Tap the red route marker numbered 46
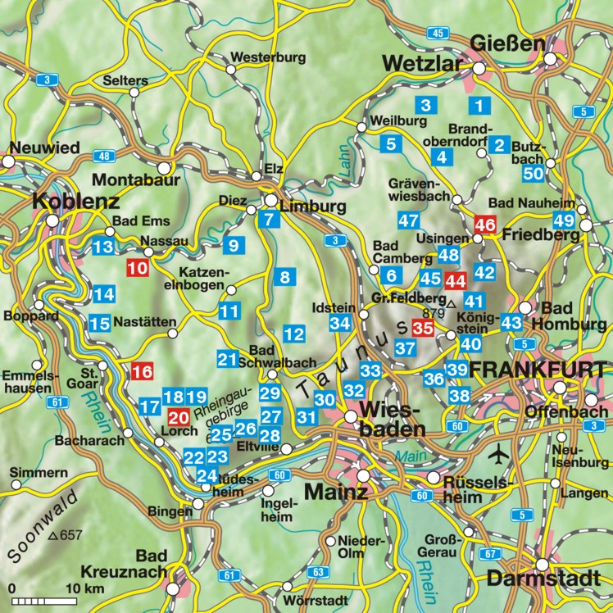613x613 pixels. click(486, 224)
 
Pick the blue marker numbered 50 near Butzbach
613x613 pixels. click(534, 173)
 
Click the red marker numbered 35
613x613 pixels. click(423, 328)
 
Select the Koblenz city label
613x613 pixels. click(76, 202)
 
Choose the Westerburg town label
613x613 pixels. click(268, 57)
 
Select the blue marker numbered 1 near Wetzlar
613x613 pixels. click(479, 105)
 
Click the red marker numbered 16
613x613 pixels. click(142, 370)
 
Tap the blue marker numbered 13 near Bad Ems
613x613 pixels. click(103, 247)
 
